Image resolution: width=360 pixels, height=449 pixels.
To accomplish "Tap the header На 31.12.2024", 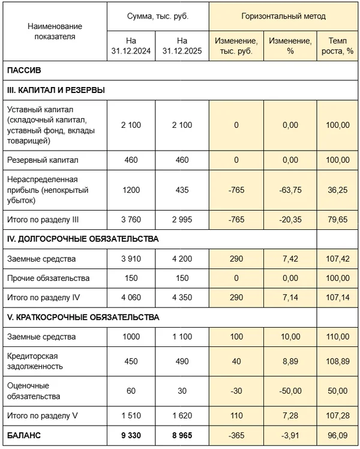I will (x=131, y=46).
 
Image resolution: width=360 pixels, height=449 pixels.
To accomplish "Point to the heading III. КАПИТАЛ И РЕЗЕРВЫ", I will (x=56, y=90).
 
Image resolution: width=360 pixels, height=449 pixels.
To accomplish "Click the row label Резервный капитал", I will (x=43, y=160).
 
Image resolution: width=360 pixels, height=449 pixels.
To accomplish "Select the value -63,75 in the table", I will (x=290, y=189).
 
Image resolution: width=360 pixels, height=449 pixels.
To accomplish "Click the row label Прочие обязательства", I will (x=48, y=278).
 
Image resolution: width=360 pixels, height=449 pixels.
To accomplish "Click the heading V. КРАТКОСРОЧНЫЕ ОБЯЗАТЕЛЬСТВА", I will (x=83, y=317).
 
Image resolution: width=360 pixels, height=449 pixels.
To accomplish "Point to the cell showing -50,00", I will (x=290, y=390).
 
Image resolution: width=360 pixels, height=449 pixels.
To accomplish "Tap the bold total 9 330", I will (x=131, y=436).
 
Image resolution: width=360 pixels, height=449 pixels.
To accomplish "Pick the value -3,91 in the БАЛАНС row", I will (x=290, y=436).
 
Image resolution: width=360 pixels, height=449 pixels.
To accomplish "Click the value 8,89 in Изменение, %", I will (x=290, y=361).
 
